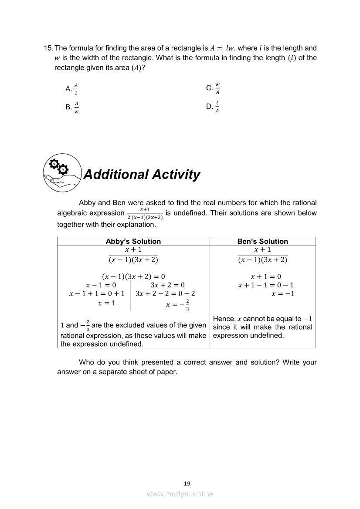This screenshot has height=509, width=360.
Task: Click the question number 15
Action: click(48, 48)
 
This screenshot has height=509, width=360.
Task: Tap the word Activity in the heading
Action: click(177, 175)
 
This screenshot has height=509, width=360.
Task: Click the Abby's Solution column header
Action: click(133, 241)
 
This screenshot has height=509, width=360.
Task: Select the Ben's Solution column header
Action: click(262, 241)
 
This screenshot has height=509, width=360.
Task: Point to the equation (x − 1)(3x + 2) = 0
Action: click(133, 276)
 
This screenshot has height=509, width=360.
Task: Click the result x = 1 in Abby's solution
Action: click(107, 303)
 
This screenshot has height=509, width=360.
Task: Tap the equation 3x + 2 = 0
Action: click(167, 285)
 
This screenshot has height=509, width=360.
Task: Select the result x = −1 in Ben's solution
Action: click(283, 294)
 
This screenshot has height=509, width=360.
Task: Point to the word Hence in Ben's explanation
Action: click(223, 319)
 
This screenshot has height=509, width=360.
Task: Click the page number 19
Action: click(187, 483)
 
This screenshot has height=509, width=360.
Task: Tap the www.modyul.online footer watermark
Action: click(180, 494)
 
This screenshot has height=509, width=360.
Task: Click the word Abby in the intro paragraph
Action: click(87, 203)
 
